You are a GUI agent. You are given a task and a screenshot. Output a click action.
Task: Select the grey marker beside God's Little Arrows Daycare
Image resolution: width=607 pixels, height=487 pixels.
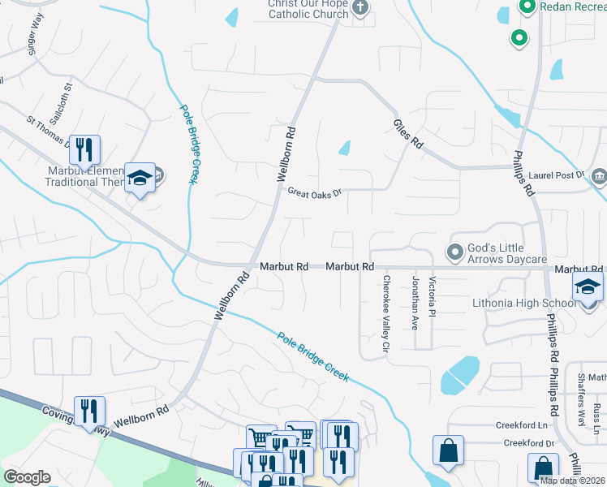(454, 249)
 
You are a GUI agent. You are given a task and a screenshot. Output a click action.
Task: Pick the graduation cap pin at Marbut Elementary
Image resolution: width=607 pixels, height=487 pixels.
(140, 177)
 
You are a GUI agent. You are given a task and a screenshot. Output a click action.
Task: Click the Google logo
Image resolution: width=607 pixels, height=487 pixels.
(28, 476)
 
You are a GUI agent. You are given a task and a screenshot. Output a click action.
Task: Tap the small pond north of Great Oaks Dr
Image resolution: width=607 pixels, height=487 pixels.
(344, 149)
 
